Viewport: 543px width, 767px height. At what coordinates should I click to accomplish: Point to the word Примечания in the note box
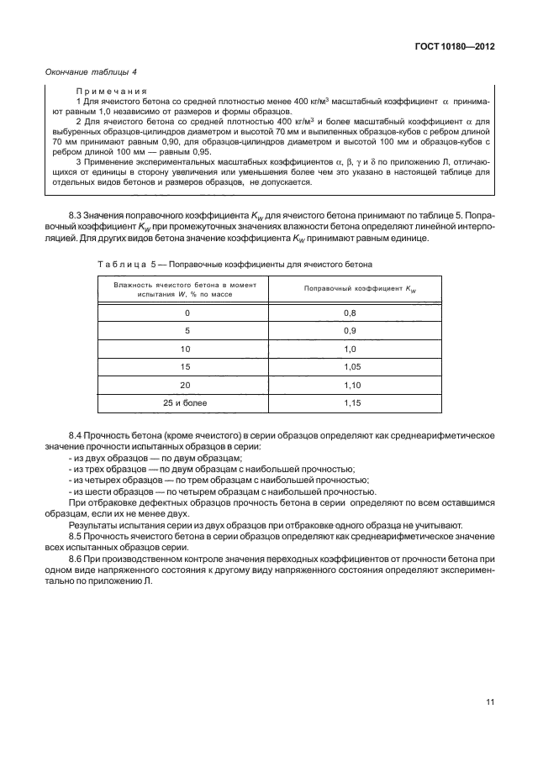[113, 90]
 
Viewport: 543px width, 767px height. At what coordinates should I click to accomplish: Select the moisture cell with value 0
[187, 313]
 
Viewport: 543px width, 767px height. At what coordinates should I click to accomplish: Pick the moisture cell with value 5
[187, 331]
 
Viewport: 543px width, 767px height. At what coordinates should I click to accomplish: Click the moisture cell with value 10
[187, 349]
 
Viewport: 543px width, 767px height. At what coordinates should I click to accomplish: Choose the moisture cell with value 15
[187, 367]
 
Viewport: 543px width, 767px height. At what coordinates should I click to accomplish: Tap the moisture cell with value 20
[187, 386]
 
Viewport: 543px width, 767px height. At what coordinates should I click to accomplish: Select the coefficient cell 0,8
[351, 313]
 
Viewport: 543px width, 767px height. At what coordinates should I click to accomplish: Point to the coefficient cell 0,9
[351, 331]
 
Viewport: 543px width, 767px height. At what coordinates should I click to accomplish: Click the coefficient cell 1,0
[351, 349]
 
